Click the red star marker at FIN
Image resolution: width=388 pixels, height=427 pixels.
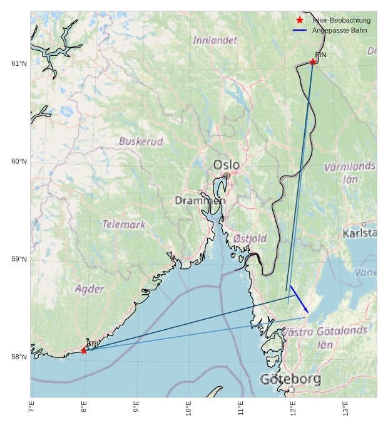tap(312, 61)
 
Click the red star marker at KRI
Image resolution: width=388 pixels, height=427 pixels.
tap(84, 351)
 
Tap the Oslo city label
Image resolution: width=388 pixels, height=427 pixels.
tap(226, 165)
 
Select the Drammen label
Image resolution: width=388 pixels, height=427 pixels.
tap(200, 201)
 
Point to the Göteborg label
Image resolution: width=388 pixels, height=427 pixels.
tap(290, 379)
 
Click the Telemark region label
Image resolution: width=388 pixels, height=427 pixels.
tap(124, 224)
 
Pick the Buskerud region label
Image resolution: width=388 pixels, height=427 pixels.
tap(141, 142)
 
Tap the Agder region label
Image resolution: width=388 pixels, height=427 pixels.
tap(89, 289)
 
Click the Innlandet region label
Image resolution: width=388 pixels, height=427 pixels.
tap(215, 40)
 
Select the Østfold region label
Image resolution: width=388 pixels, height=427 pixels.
tap(250, 238)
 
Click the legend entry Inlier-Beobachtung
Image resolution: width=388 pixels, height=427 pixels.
tap(341, 20)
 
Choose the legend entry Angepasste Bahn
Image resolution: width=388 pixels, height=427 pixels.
tap(339, 30)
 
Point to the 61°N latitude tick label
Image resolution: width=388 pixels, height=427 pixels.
tap(19, 63)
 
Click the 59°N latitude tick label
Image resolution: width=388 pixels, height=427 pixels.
tap(19, 259)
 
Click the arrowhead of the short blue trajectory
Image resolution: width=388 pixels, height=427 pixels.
tap(307, 311)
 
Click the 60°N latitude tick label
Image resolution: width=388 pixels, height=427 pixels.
tap(19, 161)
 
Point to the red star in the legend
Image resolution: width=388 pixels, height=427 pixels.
tap(300, 20)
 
